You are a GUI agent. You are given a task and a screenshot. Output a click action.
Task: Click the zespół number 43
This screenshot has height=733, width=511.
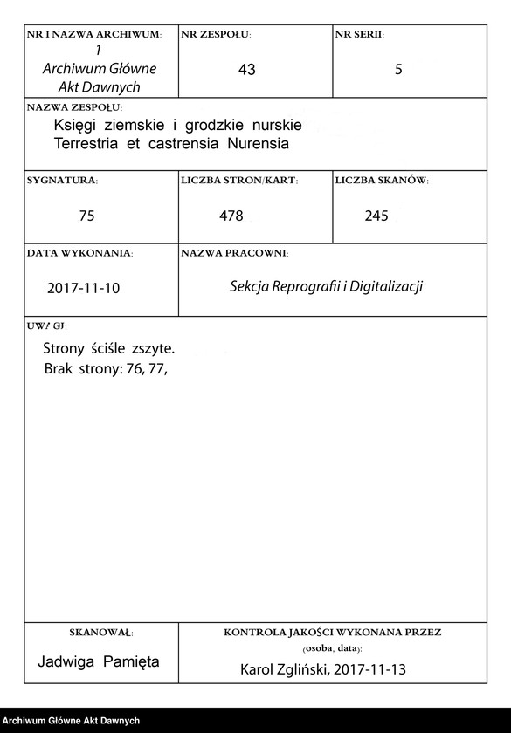246,70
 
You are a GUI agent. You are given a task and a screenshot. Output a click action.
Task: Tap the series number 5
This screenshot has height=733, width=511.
398,70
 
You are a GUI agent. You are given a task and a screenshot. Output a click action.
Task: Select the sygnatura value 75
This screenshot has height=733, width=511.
86,216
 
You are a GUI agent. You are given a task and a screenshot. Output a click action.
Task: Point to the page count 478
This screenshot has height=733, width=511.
231,216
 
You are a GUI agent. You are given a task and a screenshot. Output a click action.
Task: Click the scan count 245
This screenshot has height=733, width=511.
376,216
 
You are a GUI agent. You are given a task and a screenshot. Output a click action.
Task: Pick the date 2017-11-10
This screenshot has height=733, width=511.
84,288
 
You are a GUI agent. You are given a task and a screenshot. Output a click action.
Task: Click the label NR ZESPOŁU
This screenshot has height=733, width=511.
216,35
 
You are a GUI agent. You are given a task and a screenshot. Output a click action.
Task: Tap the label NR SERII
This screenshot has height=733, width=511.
359,35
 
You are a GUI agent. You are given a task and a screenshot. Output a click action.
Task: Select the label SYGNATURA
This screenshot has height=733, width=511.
62,181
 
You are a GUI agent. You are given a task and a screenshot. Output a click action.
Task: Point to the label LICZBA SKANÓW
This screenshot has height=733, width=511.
381,181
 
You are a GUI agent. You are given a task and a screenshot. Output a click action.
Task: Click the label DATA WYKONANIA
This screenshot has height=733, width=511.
79,253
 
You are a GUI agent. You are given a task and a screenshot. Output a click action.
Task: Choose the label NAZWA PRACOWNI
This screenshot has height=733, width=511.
234,253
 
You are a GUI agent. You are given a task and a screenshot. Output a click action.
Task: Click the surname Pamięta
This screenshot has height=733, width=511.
131,661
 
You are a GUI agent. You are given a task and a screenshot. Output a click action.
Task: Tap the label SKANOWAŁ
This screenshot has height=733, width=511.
100,631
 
